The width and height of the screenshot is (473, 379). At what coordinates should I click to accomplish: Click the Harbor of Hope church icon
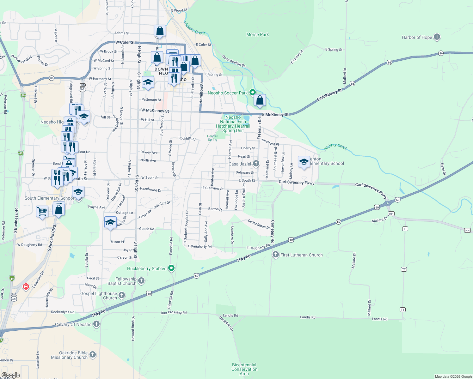pos(437,37)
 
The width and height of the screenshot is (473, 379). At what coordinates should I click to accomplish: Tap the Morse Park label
pos(257,34)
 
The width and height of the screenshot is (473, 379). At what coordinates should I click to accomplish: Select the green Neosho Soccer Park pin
pos(252,93)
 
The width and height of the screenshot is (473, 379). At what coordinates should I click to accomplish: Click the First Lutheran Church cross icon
pos(276,255)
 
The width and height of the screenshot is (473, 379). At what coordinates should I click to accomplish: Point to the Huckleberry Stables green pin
pos(171,268)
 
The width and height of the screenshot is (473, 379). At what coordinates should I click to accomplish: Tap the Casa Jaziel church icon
pos(256,164)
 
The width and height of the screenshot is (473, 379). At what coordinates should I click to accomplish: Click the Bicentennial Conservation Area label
pos(244,369)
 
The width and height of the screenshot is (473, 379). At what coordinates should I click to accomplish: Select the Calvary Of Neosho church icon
pos(96,324)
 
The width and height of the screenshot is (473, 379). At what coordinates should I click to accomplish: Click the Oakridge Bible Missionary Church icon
pos(92,354)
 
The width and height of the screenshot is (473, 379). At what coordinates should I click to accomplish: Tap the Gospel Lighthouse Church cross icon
pos(122,295)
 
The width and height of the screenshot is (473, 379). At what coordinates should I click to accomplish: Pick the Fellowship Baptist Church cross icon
pos(141,280)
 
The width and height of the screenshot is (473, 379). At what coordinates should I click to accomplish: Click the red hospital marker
pos(26,286)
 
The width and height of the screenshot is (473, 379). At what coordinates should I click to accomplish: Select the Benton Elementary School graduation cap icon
pos(304,162)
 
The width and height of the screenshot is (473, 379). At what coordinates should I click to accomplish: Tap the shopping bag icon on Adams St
pos(160,31)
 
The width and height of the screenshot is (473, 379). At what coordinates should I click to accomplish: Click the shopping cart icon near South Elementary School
pos(42,211)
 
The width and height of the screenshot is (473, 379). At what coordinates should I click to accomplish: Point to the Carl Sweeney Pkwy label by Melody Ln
pos(296,182)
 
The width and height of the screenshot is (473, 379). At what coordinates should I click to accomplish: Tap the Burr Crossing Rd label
pos(174,313)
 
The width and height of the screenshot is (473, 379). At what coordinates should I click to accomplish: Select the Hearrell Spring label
pos(212,138)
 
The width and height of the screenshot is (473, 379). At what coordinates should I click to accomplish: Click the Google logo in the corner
pos(10,375)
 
